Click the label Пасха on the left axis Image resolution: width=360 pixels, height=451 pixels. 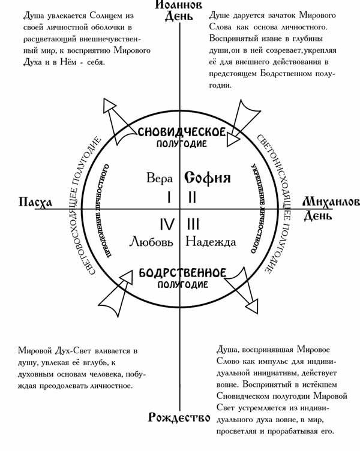pyautogui.click(x=35, y=202)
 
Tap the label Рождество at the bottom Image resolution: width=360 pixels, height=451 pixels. pyautogui.click(x=179, y=417)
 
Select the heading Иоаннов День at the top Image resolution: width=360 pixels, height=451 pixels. pyautogui.click(x=179, y=10)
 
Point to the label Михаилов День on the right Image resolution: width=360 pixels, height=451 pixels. pyautogui.click(x=331, y=208)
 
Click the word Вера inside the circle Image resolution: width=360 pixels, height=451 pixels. pyautogui.click(x=160, y=178)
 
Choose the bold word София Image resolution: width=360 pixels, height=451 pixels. pyautogui.click(x=208, y=178)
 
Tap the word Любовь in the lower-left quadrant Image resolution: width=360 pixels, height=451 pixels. pyautogui.click(x=151, y=242)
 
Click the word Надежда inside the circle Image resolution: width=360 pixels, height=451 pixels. pyautogui.click(x=211, y=242)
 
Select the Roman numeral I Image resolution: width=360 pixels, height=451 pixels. pyautogui.click(x=169, y=197)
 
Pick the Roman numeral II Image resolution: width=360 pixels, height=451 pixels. pyautogui.click(x=192, y=197)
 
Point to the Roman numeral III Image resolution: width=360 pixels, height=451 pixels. pyautogui.click(x=193, y=224)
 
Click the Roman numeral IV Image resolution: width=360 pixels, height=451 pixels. pyautogui.click(x=167, y=224)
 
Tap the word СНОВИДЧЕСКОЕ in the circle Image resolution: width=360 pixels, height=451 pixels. pyautogui.click(x=182, y=133)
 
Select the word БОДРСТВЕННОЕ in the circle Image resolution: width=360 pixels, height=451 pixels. pyautogui.click(x=182, y=273)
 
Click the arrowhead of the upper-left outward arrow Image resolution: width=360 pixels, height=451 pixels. pyautogui.click(x=109, y=106)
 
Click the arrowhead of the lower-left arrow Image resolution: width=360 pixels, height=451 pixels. pyautogui.click(x=127, y=277)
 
